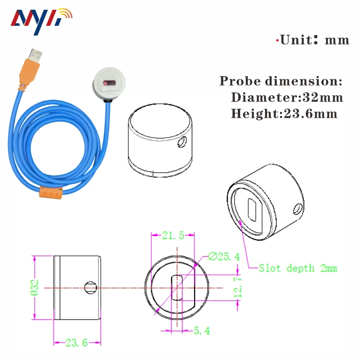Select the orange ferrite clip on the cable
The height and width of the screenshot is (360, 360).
[50, 192]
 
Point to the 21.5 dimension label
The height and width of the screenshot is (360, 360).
[173, 236]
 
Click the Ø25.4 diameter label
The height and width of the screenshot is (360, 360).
[224, 256]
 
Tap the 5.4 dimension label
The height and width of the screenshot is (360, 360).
[201, 331]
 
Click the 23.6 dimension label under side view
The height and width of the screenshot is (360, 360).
[76, 343]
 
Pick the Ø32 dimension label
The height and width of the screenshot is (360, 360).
[35, 288]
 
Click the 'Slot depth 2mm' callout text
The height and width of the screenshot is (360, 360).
[298, 268]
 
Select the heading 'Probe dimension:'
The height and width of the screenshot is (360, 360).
[280, 81]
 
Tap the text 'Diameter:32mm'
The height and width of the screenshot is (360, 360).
[287, 97]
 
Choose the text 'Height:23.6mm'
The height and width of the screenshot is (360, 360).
[284, 114]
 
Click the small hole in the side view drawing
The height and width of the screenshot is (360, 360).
[91, 288]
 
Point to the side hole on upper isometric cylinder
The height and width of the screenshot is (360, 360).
[182, 142]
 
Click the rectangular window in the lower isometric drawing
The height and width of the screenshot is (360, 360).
[253, 210]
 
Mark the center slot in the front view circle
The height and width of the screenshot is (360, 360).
[176, 288]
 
